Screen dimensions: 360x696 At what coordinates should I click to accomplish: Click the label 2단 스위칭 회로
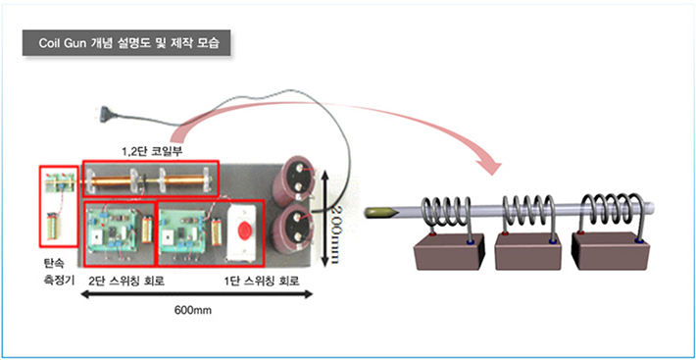coord(126,282)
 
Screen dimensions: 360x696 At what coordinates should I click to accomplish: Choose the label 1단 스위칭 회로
coord(257,282)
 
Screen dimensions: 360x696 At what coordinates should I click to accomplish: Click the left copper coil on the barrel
coord(122,179)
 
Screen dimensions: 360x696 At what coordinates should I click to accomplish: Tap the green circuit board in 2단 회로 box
coord(110,232)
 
